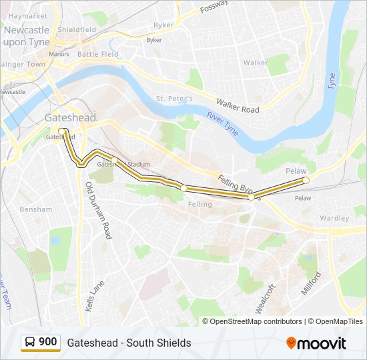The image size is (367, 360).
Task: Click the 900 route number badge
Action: point(47,342)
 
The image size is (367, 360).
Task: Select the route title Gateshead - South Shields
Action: point(129,343)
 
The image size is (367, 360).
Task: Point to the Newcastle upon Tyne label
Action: point(26,36)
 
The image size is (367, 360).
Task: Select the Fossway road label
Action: point(214,7)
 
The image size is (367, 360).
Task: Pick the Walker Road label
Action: point(237,105)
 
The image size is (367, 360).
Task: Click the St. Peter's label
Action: point(174,99)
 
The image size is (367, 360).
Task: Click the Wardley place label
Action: point(334,218)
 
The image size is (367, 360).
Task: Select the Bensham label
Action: point(36,209)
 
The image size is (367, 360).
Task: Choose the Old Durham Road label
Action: point(97,211)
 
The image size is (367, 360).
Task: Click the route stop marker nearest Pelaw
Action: point(306,181)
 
